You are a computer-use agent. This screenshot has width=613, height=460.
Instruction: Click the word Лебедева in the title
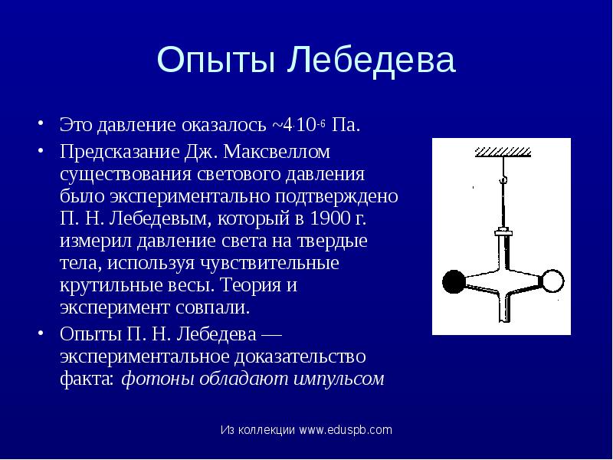(x=372, y=61)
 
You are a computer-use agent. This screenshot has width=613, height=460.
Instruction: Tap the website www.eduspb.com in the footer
(x=346, y=430)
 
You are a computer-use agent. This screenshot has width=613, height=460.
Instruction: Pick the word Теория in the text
(x=252, y=286)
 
